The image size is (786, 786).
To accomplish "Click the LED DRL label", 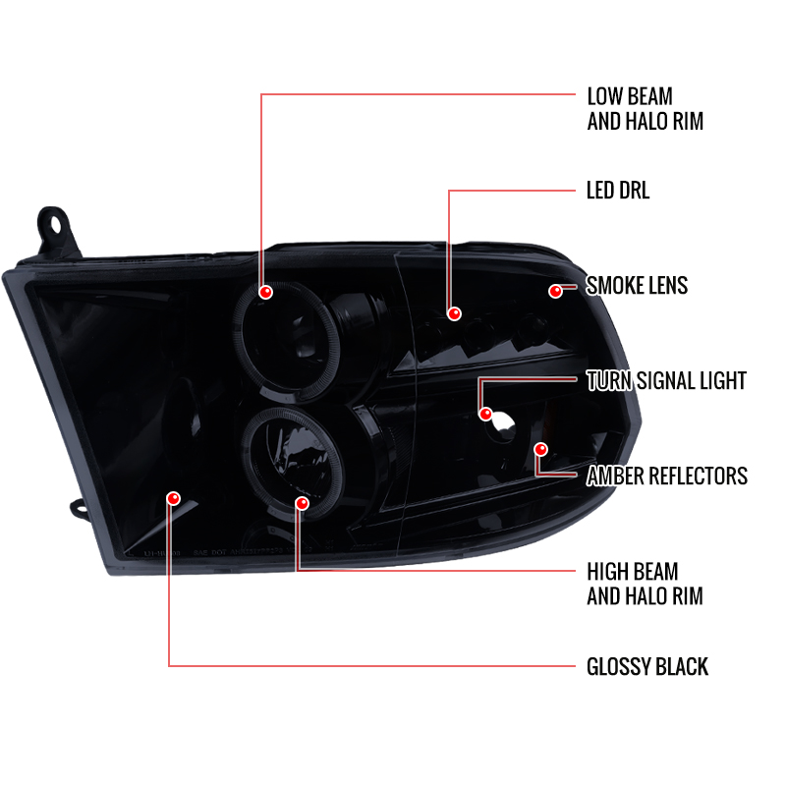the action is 618,191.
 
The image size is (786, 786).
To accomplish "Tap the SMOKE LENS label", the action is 637,286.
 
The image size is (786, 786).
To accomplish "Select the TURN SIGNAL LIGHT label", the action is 666,381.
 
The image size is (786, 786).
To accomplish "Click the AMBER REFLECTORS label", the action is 667,477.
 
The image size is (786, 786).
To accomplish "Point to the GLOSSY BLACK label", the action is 647,667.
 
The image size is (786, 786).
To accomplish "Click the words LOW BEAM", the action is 630,96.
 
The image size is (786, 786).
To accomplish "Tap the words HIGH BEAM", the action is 633,572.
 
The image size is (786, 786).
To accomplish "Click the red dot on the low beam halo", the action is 265,292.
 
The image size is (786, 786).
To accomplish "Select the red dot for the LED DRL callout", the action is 454,313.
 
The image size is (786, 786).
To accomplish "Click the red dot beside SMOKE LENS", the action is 555,291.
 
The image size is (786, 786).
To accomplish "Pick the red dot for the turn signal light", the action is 485,414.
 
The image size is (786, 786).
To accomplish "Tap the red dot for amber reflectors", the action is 541,450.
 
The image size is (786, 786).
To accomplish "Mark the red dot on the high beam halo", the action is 303,503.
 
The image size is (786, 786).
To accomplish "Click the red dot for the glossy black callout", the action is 174,498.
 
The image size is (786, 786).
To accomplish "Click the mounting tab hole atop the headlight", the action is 53,224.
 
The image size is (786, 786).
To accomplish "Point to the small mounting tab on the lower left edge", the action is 79,509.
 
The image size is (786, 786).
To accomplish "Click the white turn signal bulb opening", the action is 503,424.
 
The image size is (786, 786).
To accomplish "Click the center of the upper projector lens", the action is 287,341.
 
